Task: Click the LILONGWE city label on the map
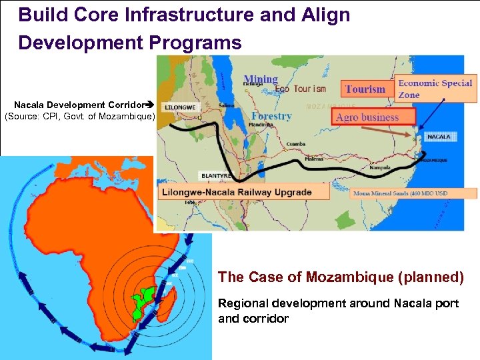[x=179, y=107]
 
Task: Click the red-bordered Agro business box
[x=375, y=117]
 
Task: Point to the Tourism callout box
[x=365, y=89]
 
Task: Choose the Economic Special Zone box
[x=435, y=89]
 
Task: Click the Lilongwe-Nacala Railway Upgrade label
[x=244, y=192]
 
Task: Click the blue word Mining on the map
[x=261, y=79]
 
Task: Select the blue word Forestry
[x=271, y=115]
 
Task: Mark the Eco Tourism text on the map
[x=301, y=89]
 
